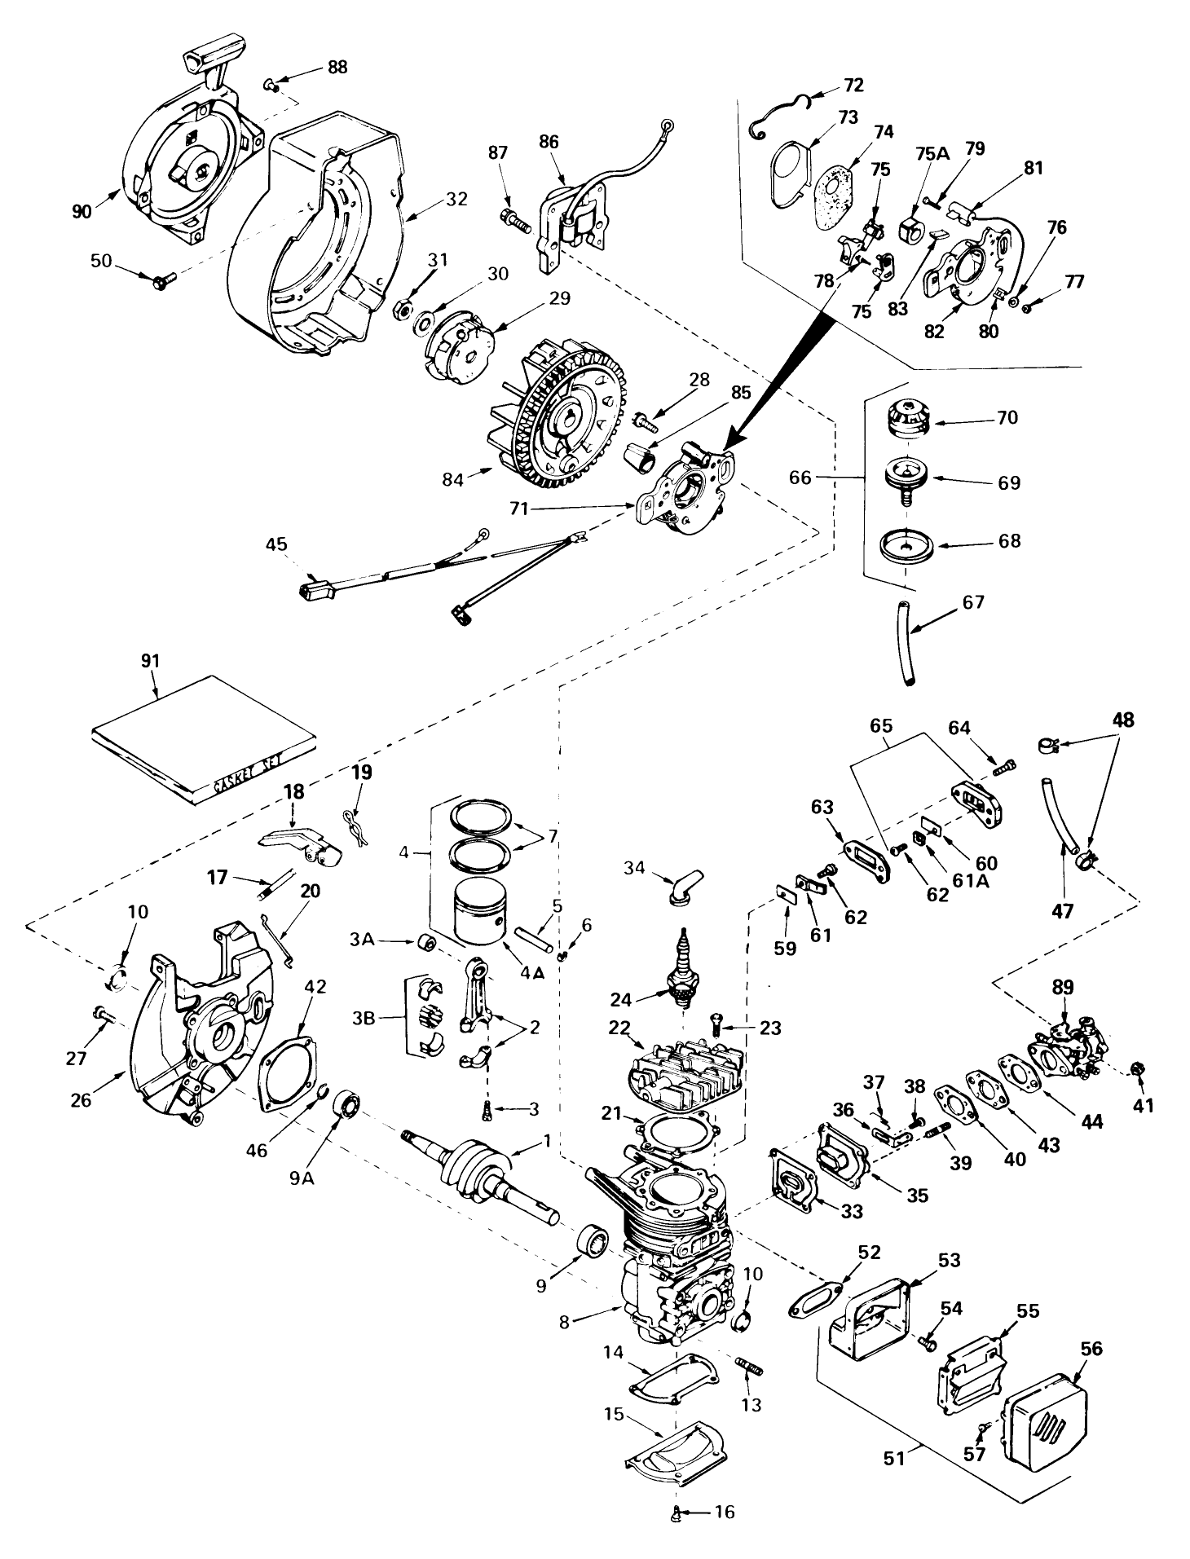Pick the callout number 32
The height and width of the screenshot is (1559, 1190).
[457, 198]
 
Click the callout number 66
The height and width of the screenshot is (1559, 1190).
[800, 478]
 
